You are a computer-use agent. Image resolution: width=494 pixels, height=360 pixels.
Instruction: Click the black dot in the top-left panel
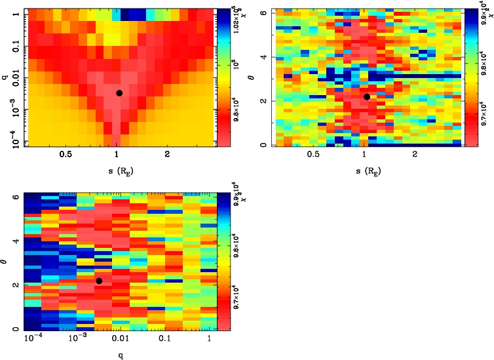[x=119, y=93]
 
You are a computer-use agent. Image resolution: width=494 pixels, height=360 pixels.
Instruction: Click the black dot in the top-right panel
[x=367, y=96]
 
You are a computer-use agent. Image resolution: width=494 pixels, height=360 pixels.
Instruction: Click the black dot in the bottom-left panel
[x=99, y=281]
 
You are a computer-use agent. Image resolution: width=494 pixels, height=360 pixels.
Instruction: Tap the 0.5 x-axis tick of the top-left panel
[x=66, y=155]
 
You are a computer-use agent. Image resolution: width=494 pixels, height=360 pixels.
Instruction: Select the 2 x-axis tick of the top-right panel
[x=415, y=155]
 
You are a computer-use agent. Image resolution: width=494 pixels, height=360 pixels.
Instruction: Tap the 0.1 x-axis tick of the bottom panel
[x=164, y=338]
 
